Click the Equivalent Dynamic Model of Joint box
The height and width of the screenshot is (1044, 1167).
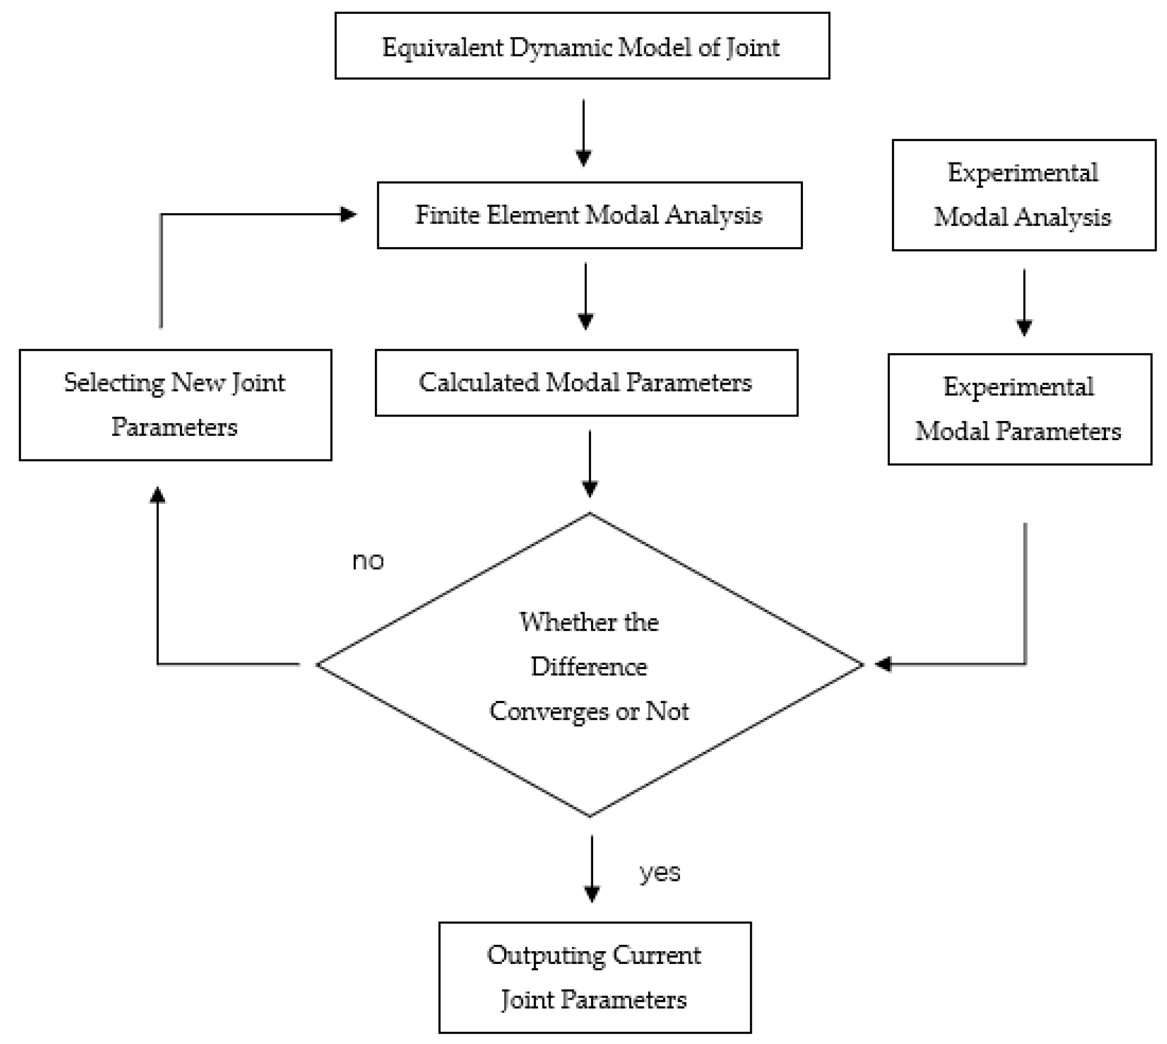pos(582,46)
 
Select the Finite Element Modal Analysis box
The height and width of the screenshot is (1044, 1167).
pos(589,215)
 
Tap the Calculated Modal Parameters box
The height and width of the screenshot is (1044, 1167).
pos(586,383)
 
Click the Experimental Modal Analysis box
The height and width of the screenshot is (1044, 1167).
pos(1024,195)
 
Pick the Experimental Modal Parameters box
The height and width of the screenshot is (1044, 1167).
pos(1019,409)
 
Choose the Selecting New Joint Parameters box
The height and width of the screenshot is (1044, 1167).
pos(175,405)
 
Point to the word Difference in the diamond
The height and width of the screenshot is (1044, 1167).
pos(589,667)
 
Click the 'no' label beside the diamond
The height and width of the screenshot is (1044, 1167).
pos(368,561)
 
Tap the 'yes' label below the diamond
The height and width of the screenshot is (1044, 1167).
pos(660,873)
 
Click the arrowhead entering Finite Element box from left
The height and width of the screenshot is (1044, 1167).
pos(348,215)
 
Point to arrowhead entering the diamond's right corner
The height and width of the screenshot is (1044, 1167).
pos(883,664)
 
